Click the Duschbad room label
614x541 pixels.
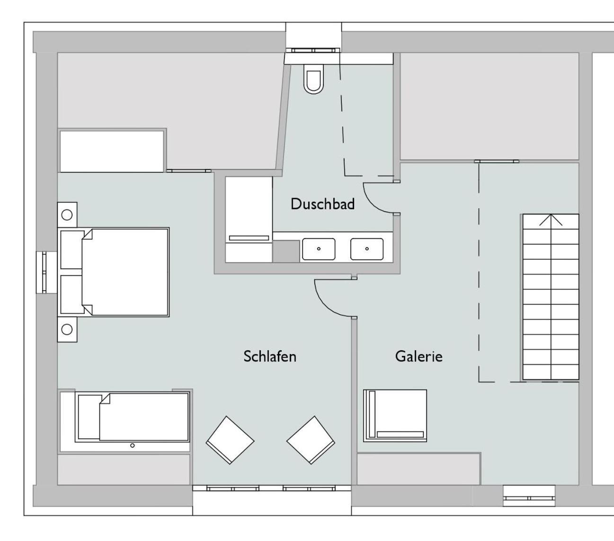coord(322,204)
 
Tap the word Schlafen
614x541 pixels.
coord(270,356)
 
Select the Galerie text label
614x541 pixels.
coord(418,356)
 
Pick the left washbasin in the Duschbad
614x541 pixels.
coord(319,249)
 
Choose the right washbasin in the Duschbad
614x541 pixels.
coord(367,249)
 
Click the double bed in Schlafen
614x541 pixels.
coord(114,272)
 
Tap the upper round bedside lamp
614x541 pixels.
coord(67,215)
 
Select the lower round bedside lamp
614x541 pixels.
coord(67,329)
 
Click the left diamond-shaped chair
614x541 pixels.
coord(230,440)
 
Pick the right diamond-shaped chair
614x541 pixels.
coord(311,440)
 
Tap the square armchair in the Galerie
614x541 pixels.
coord(395,416)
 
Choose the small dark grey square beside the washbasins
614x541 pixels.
coord(286,251)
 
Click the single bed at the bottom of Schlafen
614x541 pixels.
coord(132,417)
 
